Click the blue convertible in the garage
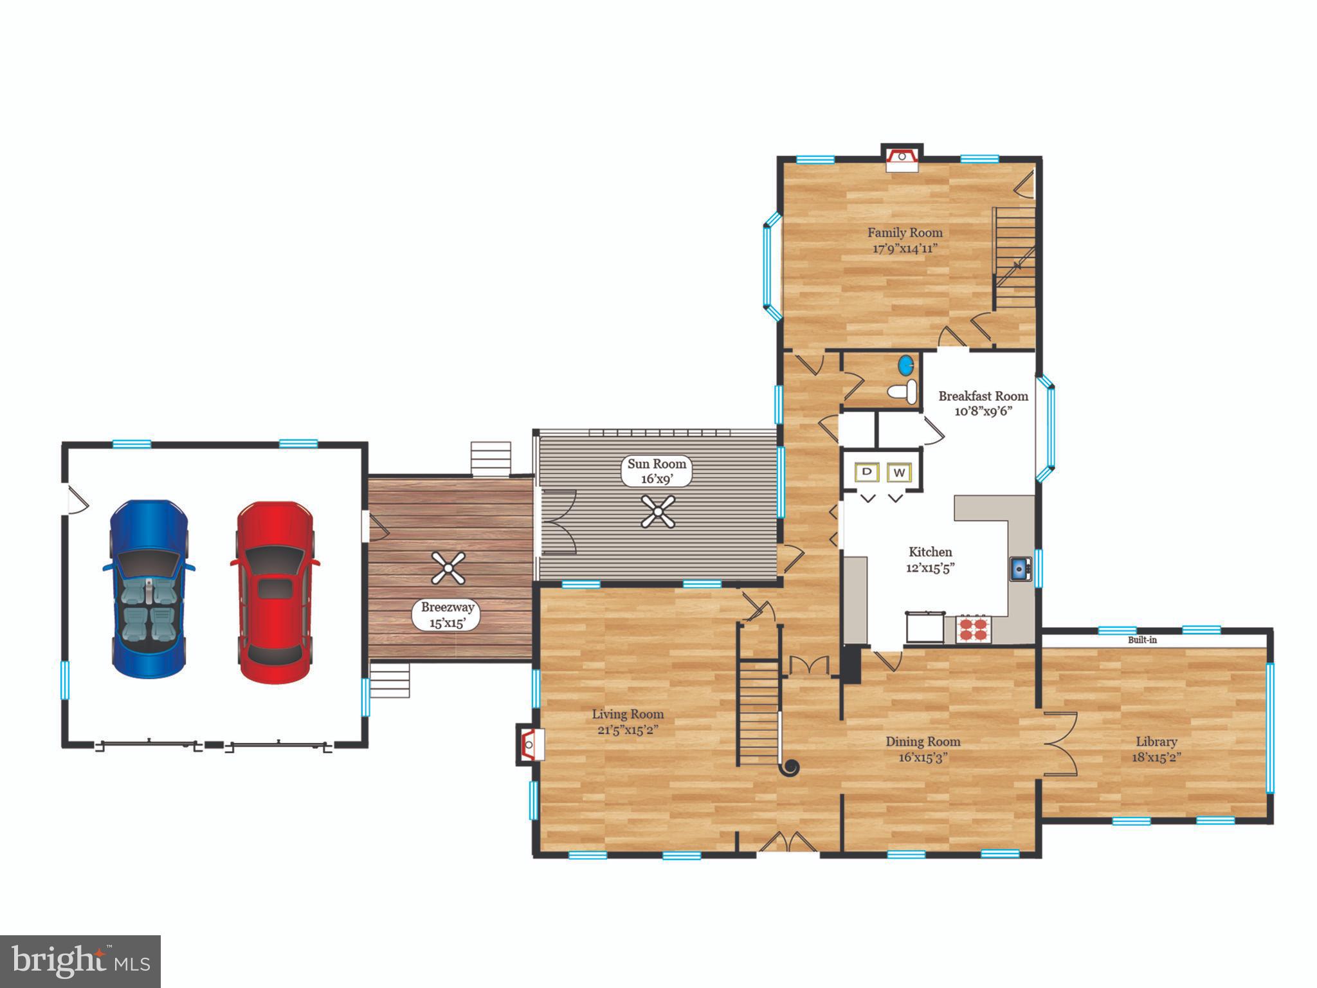tap(149, 588)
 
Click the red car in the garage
tap(275, 592)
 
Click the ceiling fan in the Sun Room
tap(658, 511)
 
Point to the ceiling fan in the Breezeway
tap(448, 567)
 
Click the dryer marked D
tap(867, 472)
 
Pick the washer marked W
tap(900, 473)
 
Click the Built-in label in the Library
tap(1142, 640)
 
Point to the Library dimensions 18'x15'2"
tap(1156, 758)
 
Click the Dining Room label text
tap(923, 742)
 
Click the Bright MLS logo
tap(80, 962)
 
